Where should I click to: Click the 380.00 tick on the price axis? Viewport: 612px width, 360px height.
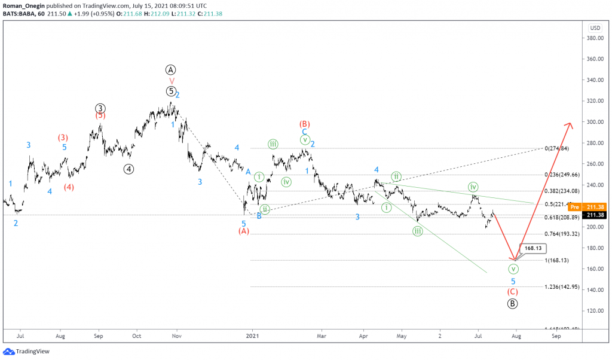[594, 38]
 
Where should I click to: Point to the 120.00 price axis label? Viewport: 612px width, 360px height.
[594, 311]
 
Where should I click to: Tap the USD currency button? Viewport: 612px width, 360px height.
[595, 28]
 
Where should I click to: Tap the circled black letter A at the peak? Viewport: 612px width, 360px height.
[172, 69]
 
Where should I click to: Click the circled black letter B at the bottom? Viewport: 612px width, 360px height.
[513, 303]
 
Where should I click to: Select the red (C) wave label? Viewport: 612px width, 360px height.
[513, 292]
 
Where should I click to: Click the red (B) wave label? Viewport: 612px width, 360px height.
[304, 124]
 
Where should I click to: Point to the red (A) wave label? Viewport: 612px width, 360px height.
[243, 231]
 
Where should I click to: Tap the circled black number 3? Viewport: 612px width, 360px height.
[100, 108]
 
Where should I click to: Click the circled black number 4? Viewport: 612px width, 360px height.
[129, 169]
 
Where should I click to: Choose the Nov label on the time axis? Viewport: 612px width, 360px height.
[176, 337]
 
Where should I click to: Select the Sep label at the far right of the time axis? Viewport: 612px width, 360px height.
[556, 337]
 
